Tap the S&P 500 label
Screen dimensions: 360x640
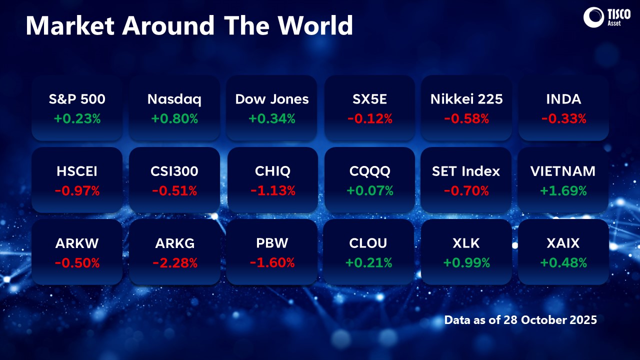77,99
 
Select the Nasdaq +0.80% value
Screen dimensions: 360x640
174,119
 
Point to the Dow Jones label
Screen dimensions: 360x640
272,99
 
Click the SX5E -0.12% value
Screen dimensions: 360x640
369,119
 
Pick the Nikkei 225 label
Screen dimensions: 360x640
466,99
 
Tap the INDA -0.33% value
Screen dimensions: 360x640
563,119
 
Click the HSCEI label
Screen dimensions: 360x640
77,171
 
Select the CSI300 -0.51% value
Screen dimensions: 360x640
174,190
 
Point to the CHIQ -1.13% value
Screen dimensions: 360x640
272,190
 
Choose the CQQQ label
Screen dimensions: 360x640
369,171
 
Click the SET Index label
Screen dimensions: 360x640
466,171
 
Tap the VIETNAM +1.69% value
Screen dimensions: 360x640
563,190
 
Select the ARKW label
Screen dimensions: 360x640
77,243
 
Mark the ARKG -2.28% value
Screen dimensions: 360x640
174,262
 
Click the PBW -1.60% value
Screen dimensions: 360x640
272,262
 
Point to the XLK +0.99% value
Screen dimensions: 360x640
466,262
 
